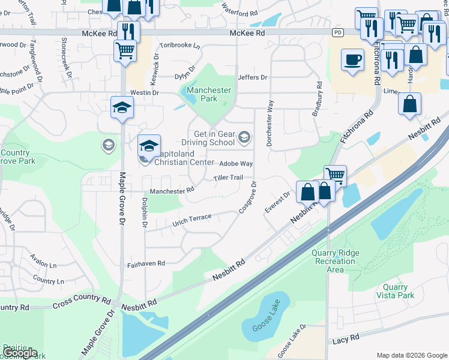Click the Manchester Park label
(x=208, y=94)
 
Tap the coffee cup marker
(x=352, y=60)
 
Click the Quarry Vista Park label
(x=395, y=292)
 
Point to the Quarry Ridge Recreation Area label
(x=335, y=261)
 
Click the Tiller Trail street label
(x=228, y=178)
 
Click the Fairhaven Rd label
(x=145, y=264)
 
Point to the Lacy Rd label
(x=346, y=340)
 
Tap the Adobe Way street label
(x=236, y=163)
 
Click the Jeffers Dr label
(x=252, y=77)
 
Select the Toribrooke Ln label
(x=179, y=45)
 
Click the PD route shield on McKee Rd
(x=339, y=31)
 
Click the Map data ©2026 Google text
(x=411, y=355)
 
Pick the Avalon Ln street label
(x=44, y=265)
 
